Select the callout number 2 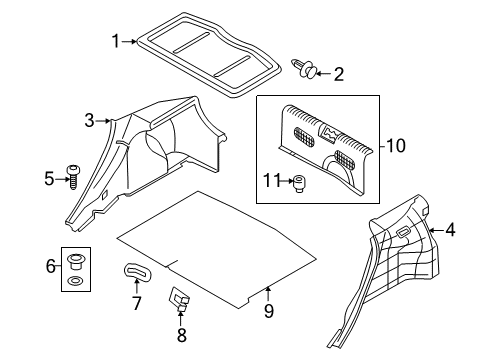pos(338,73)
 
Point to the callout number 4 pos(450,232)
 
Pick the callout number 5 pos(48,179)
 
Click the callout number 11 pos(270,181)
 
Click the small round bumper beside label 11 pos(297,181)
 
